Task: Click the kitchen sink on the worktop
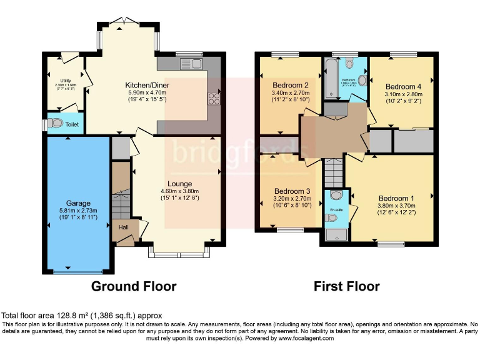[190, 62]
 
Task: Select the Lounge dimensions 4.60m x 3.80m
[179, 191]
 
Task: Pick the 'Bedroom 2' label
[291, 85]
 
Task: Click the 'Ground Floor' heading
[134, 287]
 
